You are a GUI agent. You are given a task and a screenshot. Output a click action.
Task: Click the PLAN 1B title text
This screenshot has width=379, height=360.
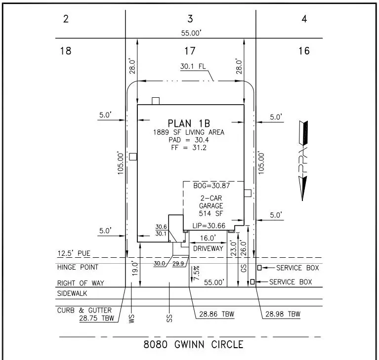pos(189,123)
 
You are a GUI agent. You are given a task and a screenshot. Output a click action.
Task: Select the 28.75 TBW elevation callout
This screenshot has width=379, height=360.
pos(97,318)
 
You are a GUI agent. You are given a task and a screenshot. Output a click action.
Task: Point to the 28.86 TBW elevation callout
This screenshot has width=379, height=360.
pos(217,314)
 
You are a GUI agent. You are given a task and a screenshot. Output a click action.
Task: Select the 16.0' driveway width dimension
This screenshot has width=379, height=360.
pos(208,238)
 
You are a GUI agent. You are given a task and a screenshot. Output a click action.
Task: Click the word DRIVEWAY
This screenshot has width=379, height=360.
pos(208,248)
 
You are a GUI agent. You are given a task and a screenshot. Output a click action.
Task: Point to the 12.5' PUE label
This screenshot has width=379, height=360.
pos(74,253)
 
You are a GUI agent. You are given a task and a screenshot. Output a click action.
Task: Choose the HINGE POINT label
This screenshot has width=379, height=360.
pos(78,267)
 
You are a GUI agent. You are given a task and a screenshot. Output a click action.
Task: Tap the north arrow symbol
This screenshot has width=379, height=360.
pos(304,160)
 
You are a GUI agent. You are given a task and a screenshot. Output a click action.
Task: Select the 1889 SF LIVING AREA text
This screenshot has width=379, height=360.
pos(189,132)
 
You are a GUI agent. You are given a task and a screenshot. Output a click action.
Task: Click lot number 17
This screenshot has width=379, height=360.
pos(190,50)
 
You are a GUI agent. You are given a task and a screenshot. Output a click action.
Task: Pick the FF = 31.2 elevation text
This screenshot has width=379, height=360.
pos(189,147)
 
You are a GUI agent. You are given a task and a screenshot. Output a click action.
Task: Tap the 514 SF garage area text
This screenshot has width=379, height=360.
pos(211,213)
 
